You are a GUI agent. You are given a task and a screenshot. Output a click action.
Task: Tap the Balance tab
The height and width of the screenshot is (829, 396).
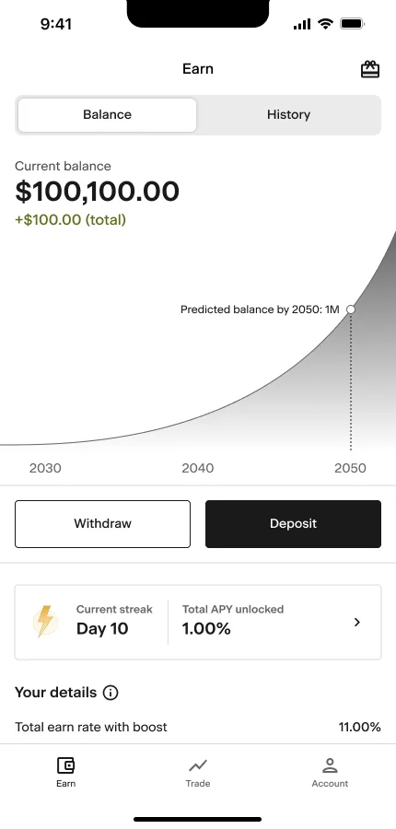[x=107, y=115]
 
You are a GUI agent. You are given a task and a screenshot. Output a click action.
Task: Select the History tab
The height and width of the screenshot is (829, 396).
[x=288, y=115]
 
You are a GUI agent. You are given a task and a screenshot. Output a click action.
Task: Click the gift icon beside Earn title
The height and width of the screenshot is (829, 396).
[x=370, y=69]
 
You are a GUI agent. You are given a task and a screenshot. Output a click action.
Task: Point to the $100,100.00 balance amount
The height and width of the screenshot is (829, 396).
[x=97, y=192]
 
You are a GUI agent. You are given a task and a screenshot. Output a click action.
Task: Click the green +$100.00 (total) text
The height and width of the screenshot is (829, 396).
[x=70, y=220]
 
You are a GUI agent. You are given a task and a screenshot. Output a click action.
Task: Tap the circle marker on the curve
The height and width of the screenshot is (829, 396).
[x=351, y=309]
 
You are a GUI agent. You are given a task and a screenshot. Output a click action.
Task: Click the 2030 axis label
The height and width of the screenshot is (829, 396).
[x=45, y=468]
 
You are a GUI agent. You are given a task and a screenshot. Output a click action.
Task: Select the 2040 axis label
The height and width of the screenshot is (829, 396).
[x=198, y=468]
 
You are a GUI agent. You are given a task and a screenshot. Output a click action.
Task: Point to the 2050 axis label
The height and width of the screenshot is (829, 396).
[x=350, y=468]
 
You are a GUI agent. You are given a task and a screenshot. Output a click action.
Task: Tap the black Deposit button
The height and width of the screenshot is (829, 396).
[x=293, y=524]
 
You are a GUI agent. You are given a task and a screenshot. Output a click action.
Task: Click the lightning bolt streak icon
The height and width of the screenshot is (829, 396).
[x=44, y=622]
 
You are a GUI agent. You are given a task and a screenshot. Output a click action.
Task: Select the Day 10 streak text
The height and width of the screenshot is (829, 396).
[x=101, y=629]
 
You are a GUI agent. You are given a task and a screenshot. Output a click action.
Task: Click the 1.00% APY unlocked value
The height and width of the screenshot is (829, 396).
[x=206, y=629]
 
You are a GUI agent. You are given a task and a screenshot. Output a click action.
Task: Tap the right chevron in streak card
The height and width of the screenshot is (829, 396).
[x=357, y=623]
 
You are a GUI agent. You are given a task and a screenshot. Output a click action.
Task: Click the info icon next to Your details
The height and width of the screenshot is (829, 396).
[x=111, y=693]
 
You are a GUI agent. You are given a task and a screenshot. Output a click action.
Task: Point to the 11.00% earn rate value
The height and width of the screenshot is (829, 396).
[x=359, y=727]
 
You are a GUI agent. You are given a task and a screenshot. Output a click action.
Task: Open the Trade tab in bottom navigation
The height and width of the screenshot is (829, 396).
[x=198, y=772]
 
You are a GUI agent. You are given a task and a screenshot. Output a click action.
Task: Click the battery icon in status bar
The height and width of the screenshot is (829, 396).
[x=352, y=24]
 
